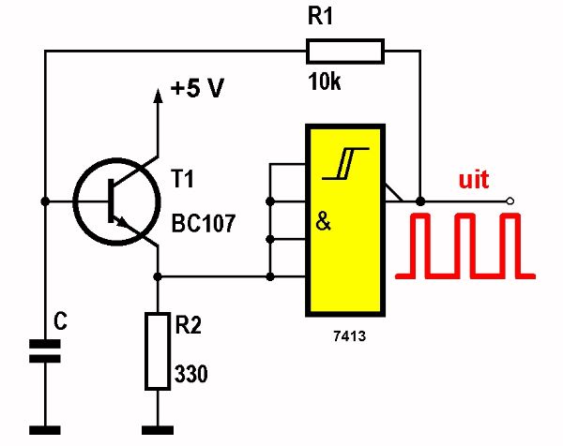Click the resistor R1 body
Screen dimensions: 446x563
[x=344, y=51]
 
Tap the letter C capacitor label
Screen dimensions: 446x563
[x=60, y=322]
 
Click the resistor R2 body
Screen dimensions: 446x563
[x=158, y=350]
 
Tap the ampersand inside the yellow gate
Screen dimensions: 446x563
[x=324, y=224]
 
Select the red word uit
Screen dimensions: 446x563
[x=474, y=179]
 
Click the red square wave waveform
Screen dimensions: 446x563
[x=464, y=246]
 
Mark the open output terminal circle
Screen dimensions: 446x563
[x=510, y=201]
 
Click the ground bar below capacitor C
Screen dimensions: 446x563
[x=43, y=429]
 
